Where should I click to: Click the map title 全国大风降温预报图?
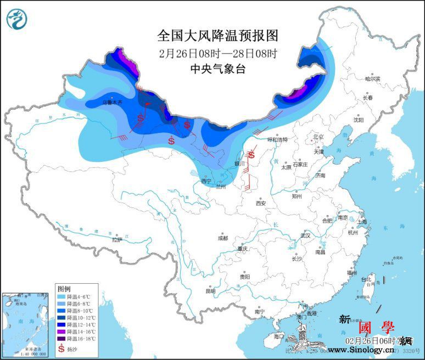tap(218, 36)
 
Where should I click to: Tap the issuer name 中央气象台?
tap(217, 69)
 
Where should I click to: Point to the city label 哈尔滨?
tap(373, 79)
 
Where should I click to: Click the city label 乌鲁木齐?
tap(113, 102)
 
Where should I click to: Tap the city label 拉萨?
tap(116, 239)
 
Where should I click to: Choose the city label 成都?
tap(222, 238)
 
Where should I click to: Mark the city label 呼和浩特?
tap(278, 139)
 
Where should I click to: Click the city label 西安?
tap(261, 203)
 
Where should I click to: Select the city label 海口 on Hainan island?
tap(279, 336)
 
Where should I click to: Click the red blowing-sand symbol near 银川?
tap(250, 155)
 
